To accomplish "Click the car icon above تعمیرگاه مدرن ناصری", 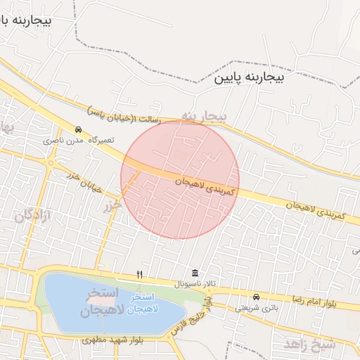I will (79, 130).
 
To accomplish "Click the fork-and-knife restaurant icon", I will (140, 274).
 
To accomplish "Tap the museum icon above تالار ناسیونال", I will (194, 274).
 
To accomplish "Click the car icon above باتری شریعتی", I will (256, 297).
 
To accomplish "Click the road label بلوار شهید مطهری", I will (112, 340).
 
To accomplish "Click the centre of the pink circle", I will (180, 180).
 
